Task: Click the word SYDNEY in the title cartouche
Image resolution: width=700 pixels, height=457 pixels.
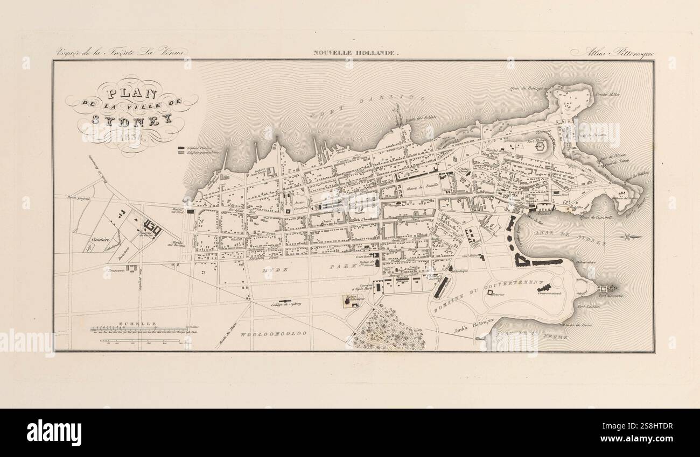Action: pos(131,119)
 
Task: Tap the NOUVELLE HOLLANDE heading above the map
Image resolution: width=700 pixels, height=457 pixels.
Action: pos(356,53)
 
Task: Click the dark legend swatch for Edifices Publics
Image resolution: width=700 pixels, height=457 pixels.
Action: pos(181,147)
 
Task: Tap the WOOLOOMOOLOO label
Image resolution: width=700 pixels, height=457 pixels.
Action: pos(274,334)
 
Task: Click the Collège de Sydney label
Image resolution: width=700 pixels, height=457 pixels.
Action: pos(286,304)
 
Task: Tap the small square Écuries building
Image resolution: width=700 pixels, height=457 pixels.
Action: pos(490,292)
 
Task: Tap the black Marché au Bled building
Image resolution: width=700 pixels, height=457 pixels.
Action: pos(191,212)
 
